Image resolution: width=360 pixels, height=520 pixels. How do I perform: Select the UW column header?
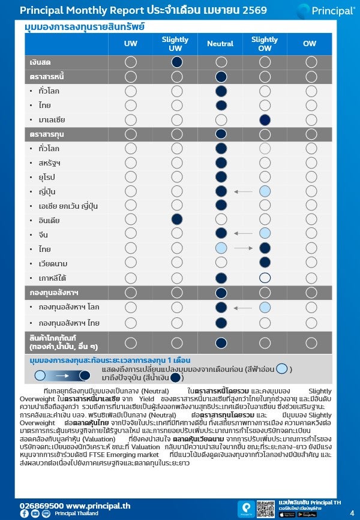coord(130,44)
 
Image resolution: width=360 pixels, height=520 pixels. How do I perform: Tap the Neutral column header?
coord(220,44)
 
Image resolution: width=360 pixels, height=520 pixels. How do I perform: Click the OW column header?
coord(310,44)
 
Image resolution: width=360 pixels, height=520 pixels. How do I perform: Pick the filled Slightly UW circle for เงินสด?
coord(176,62)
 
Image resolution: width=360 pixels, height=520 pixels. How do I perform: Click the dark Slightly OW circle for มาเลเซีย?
coord(265,119)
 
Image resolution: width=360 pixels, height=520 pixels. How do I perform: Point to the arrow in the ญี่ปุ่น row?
coord(243,191)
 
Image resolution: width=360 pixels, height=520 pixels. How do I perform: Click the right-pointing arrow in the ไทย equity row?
coord(243,248)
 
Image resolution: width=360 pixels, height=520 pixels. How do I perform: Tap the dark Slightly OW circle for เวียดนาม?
coord(265,262)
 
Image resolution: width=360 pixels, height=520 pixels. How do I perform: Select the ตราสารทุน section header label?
coord(47,134)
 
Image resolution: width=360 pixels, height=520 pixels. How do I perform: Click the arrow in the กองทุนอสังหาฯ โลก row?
coord(243,308)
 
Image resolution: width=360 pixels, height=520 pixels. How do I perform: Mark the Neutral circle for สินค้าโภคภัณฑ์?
coord(221,342)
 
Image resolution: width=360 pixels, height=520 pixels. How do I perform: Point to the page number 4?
coord(352,513)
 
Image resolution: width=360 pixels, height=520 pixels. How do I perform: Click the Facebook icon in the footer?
coord(24,514)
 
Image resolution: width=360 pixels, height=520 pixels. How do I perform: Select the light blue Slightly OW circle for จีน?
coord(265,233)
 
